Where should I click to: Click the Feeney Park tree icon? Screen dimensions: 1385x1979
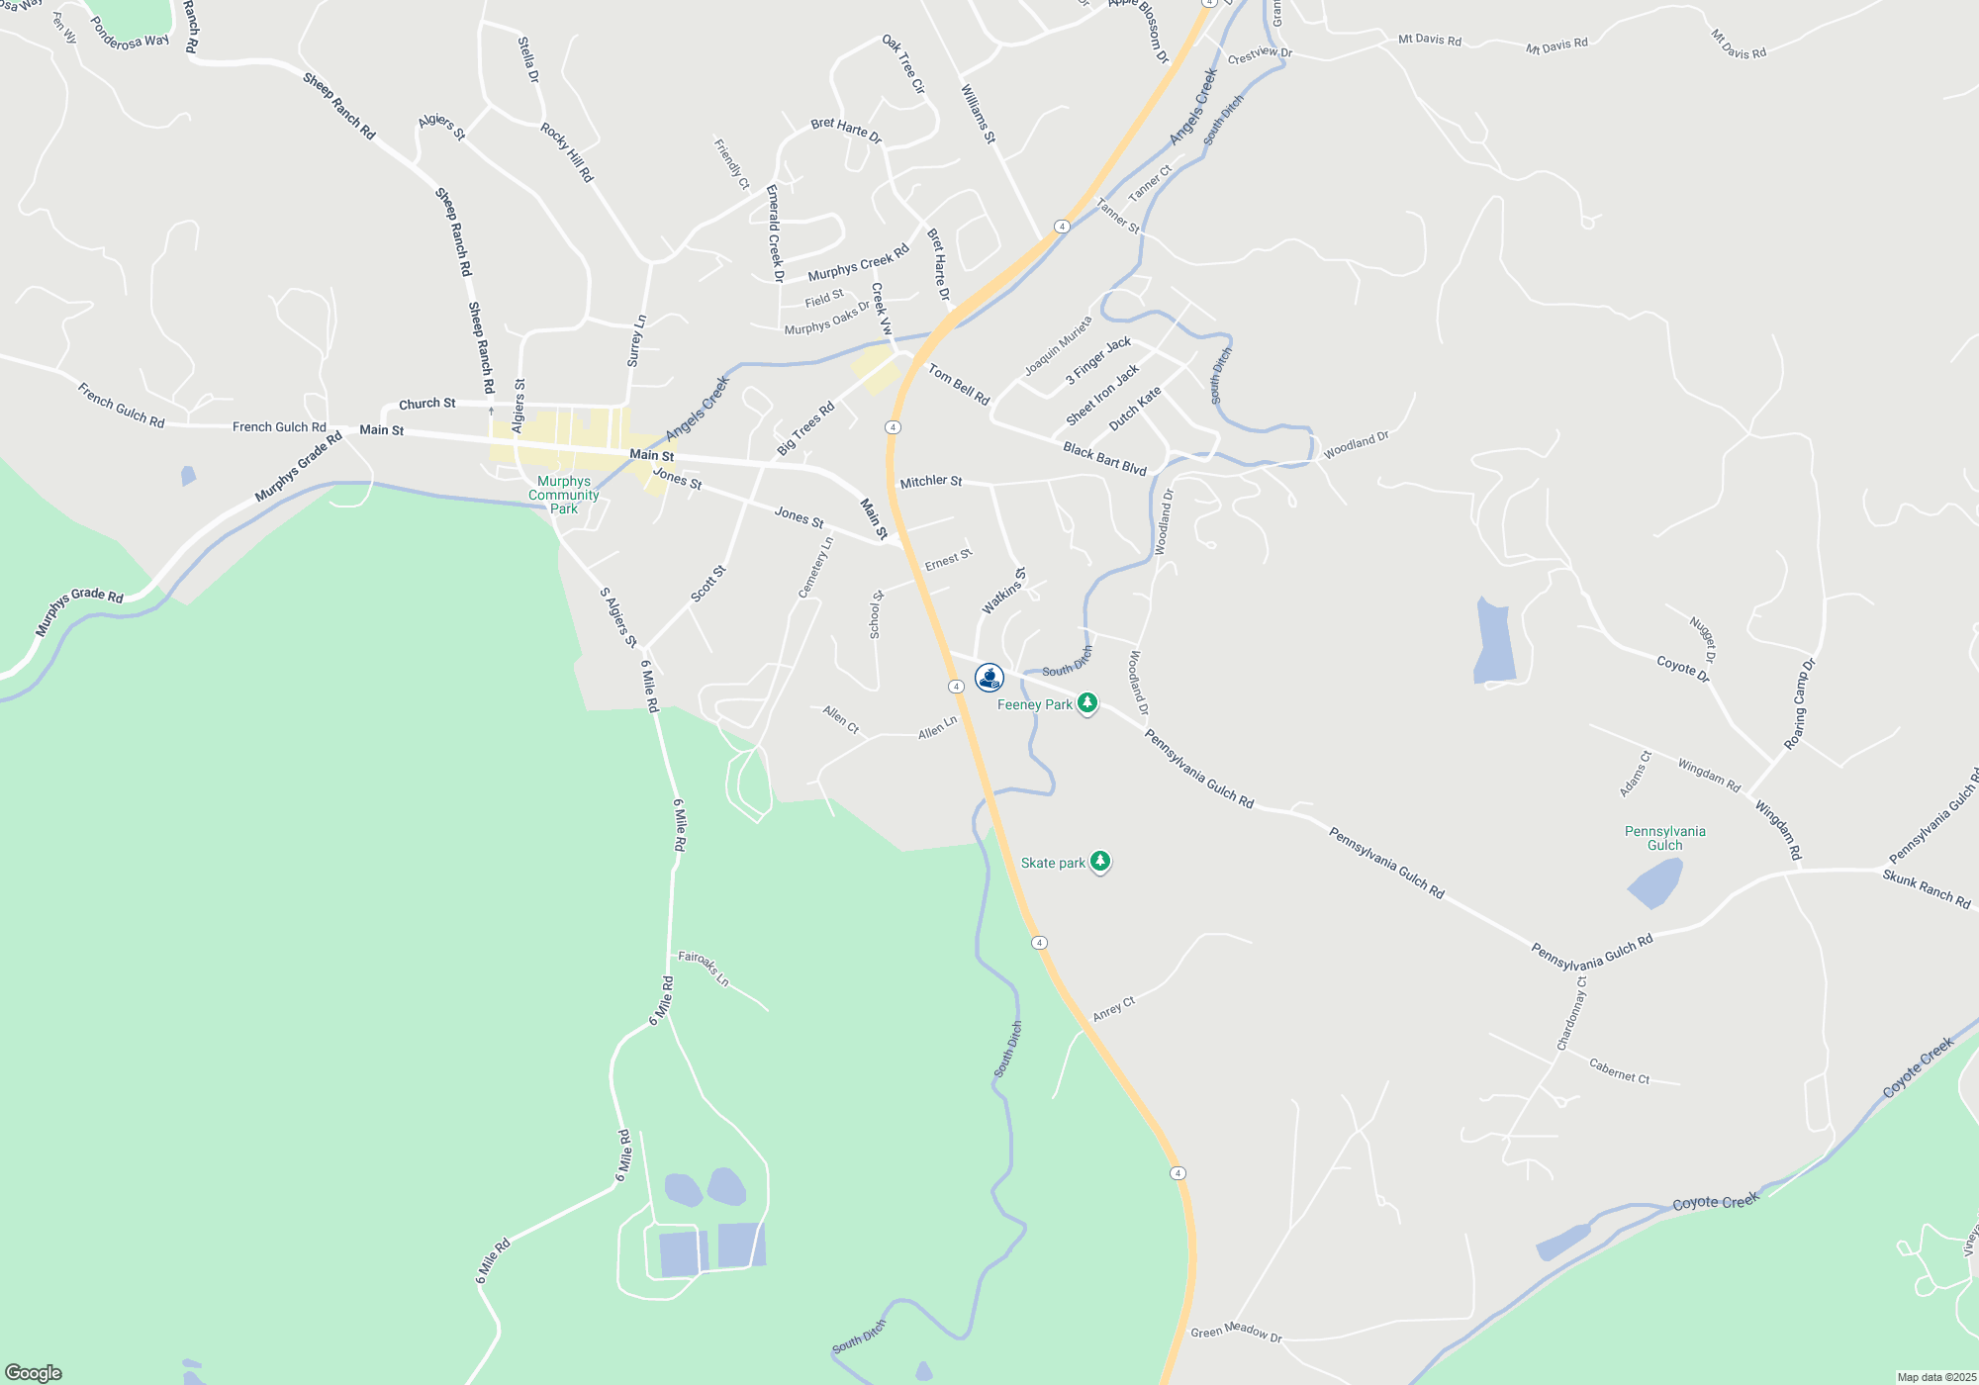[x=1087, y=702]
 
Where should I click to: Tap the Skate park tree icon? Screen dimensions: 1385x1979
[x=1099, y=861]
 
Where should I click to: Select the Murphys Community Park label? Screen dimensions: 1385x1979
[x=563, y=495]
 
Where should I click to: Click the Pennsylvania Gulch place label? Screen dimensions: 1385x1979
[x=1664, y=838]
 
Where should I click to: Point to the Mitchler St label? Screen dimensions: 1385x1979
[x=931, y=482]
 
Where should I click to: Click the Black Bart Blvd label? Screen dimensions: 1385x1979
[x=1104, y=458]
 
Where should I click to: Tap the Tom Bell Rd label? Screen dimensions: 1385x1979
[x=959, y=384]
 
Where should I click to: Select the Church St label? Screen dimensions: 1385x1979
[x=426, y=404]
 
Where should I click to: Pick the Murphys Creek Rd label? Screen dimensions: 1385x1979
[x=858, y=263]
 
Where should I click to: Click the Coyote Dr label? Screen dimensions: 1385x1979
[x=1683, y=669]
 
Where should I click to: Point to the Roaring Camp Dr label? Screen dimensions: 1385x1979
[x=1800, y=703]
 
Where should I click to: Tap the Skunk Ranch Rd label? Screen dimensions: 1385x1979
[x=1926, y=888]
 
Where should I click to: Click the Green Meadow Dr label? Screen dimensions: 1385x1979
[x=1236, y=1332]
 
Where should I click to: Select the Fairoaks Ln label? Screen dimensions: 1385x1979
[x=704, y=968]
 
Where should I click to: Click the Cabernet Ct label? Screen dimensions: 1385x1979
[x=1619, y=1071]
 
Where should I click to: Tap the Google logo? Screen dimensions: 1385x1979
[x=34, y=1372]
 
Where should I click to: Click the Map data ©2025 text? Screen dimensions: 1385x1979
[x=1936, y=1377]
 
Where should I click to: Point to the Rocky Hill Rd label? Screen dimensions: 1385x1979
[x=567, y=151]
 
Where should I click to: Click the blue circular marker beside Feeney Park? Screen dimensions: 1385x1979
[x=989, y=678]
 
